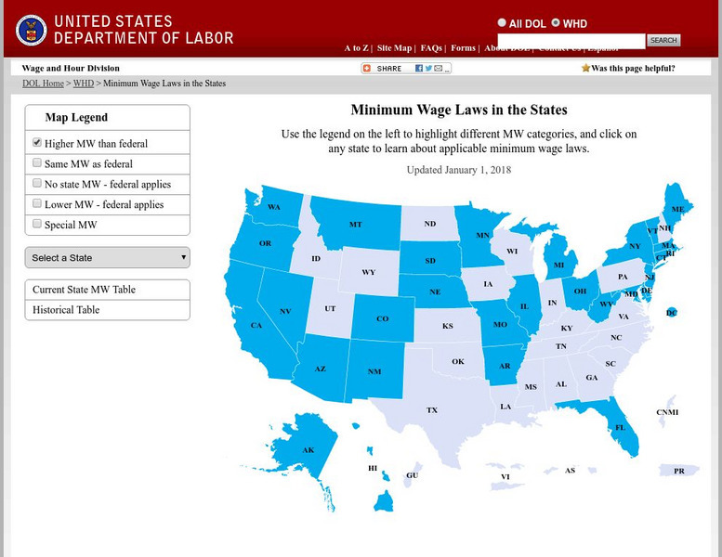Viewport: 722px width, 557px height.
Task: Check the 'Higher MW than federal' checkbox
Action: [x=37, y=143]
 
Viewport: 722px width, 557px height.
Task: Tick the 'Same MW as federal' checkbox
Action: [x=37, y=163]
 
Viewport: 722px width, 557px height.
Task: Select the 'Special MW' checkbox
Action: [x=37, y=224]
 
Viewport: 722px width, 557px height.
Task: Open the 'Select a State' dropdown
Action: [x=108, y=257]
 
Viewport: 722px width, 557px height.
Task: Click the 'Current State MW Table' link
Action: [x=84, y=290]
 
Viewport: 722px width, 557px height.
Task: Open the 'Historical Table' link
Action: [x=66, y=310]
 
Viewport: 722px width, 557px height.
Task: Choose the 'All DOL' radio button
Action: [x=503, y=23]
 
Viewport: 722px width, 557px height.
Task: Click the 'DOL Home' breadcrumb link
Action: [x=43, y=84]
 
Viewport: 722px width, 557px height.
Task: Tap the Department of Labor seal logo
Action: [x=31, y=30]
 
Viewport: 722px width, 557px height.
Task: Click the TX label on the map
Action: [x=432, y=409]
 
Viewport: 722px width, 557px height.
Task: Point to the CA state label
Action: [x=256, y=326]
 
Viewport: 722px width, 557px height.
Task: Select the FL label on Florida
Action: [x=620, y=428]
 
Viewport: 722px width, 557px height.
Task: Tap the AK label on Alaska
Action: [x=308, y=451]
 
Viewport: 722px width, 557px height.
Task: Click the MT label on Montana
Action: [x=356, y=225]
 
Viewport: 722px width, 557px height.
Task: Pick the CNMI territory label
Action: [x=667, y=412]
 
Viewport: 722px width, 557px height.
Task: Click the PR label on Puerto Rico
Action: [x=679, y=472]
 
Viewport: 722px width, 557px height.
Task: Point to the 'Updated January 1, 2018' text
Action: [x=459, y=170]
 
